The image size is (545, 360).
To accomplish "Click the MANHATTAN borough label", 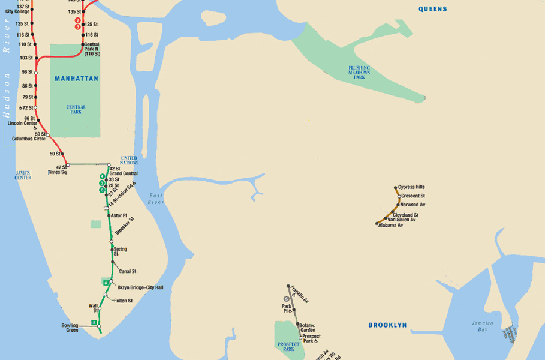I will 76,79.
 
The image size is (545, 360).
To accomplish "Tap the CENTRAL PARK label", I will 76,109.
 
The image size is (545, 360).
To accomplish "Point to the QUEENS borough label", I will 432,9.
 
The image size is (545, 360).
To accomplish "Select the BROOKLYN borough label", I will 387,325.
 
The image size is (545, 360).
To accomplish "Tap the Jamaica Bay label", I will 482,326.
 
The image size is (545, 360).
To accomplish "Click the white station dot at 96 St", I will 36,73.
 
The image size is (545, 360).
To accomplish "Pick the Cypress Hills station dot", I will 396,188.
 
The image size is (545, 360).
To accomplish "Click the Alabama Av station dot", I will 377,224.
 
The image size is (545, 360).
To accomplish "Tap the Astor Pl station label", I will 119,215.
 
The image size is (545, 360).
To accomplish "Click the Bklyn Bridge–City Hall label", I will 140,287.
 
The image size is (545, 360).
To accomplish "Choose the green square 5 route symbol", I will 94,323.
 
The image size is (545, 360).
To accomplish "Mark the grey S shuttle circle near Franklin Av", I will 286,298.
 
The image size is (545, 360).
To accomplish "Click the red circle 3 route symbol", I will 77,26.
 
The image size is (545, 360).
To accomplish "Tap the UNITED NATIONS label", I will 130,160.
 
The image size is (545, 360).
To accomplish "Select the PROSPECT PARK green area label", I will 288,346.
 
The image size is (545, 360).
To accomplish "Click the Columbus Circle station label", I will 28,139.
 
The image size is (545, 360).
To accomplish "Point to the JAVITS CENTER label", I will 23,175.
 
